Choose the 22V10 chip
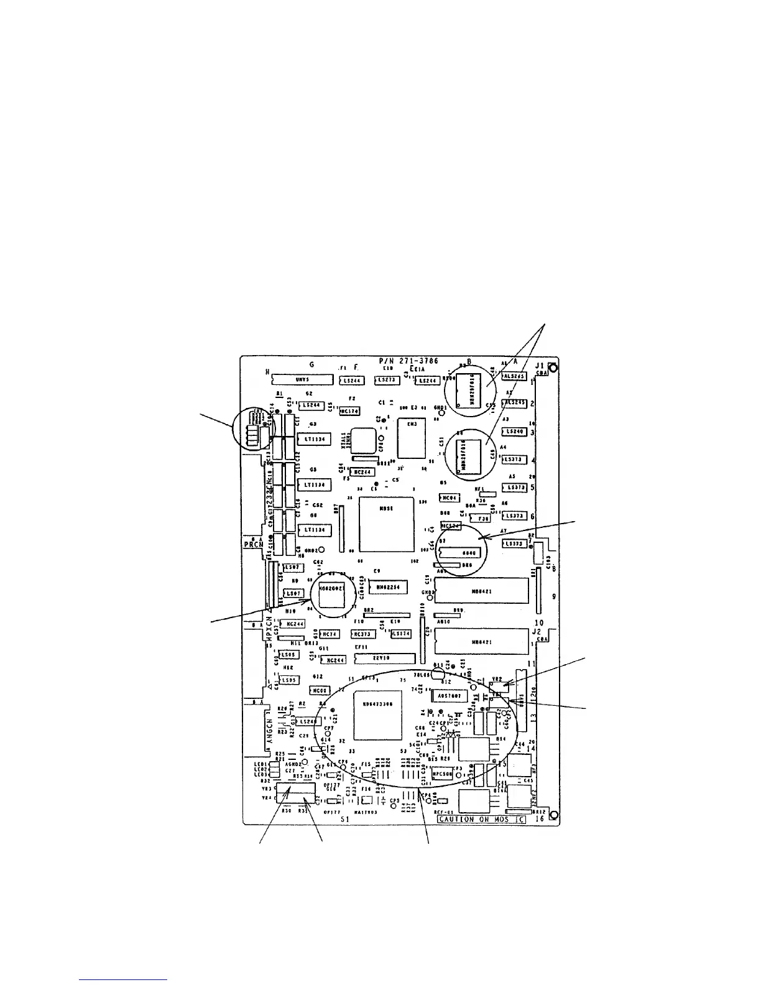pos(384,658)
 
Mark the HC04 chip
pos(449,497)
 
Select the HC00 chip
pos(320,690)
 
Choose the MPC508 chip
pos(444,774)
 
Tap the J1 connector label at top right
pos(540,366)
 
